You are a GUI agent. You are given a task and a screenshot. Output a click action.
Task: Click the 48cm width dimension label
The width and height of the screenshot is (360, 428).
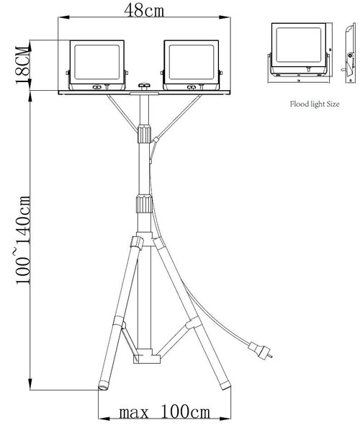(145, 12)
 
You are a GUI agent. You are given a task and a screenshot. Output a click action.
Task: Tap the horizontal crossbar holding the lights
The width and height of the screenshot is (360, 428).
(144, 92)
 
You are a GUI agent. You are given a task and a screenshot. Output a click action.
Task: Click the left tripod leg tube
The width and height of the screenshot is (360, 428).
(120, 310)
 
